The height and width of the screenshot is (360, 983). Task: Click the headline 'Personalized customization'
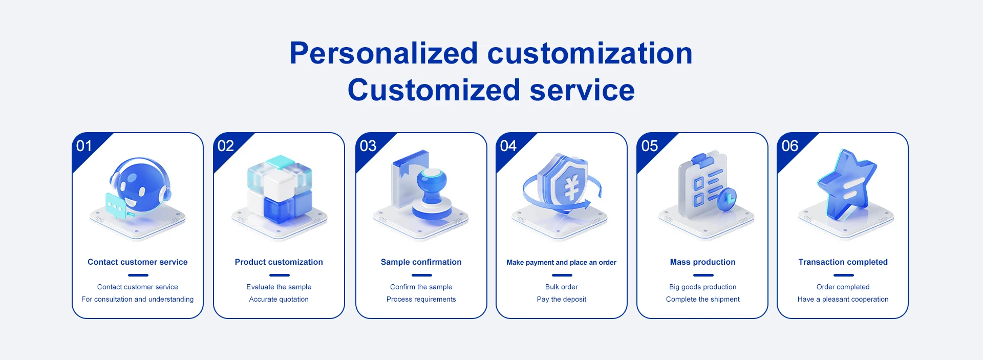[x=491, y=53]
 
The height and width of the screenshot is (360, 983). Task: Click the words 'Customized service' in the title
[x=491, y=90]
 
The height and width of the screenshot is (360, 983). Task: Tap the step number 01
[x=84, y=146]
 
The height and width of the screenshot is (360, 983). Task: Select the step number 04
[x=508, y=146]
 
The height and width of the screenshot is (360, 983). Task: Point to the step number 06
[x=789, y=146]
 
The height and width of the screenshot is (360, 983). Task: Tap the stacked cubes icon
[x=280, y=189]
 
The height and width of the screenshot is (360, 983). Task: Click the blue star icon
[x=847, y=184]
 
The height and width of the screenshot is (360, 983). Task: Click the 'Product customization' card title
[x=279, y=262]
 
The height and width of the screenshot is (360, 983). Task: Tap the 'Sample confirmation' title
[x=421, y=262]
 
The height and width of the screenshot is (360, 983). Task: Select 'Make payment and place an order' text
[x=562, y=263]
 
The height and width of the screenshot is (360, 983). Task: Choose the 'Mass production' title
[x=702, y=262]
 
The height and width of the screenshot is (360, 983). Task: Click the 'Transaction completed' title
[x=843, y=262]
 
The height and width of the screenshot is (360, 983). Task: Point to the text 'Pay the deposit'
[x=562, y=300]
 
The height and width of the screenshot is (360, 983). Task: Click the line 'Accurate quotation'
[x=279, y=300]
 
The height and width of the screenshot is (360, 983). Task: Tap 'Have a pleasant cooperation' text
[x=843, y=300]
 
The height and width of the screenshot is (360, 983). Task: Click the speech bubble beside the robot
[x=116, y=206]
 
